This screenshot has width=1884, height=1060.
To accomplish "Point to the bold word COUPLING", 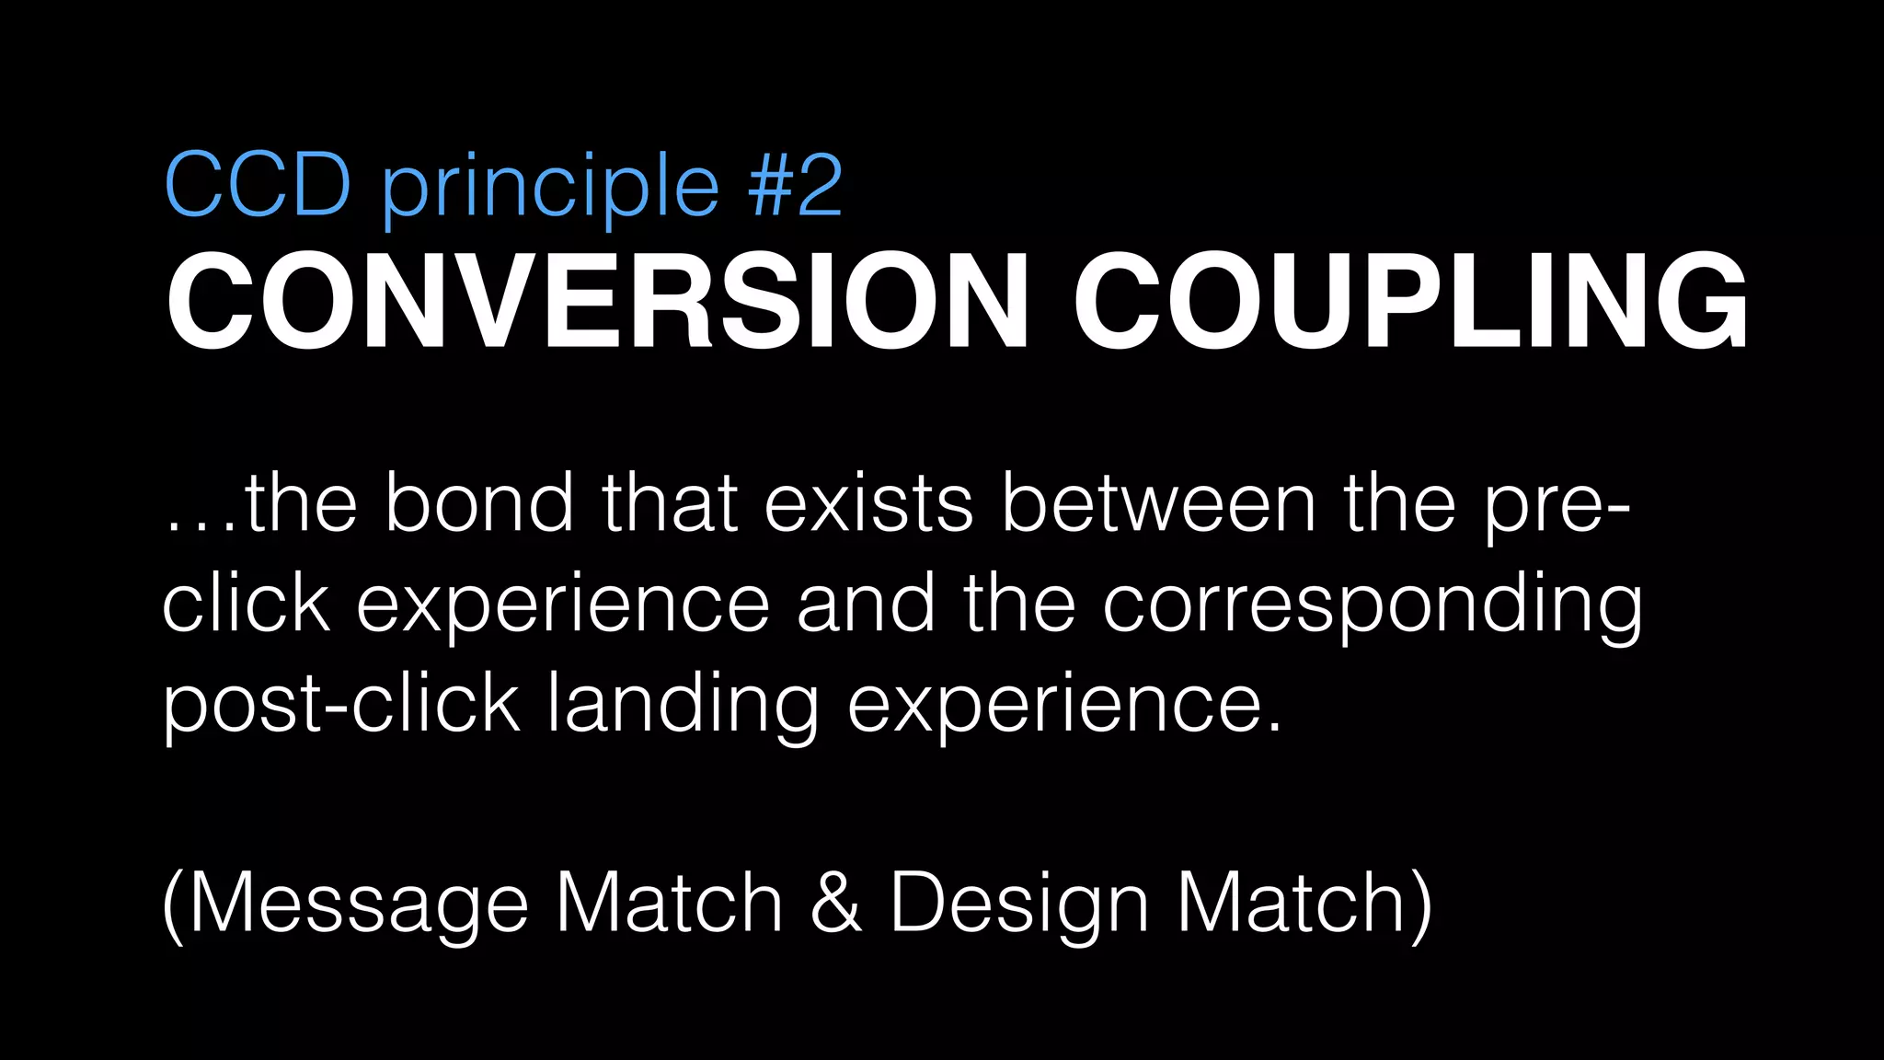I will tap(1410, 301).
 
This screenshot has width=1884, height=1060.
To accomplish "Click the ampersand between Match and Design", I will tap(836, 904).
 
